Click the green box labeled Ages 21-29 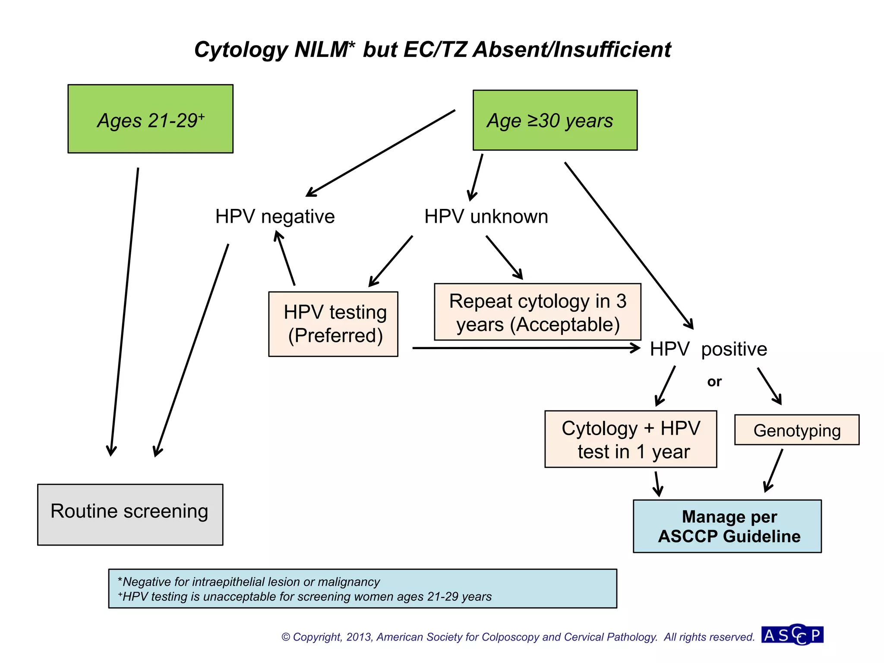coord(150,119)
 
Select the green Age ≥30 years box coord(555,120)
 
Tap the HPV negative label coord(275,217)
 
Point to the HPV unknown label coord(486,217)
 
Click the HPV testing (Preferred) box coord(333,324)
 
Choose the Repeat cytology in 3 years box coord(537,312)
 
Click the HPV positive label coord(708,349)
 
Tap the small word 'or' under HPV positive coord(714,382)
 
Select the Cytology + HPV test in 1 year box coord(631,439)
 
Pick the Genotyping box coord(797,430)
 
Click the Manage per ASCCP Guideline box coord(727,527)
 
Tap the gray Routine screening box coord(130,515)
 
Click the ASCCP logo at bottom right coord(792,635)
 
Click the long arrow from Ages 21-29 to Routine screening coord(124,311)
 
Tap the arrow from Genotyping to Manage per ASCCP coord(773,470)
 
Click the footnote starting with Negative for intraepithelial coord(249,582)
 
